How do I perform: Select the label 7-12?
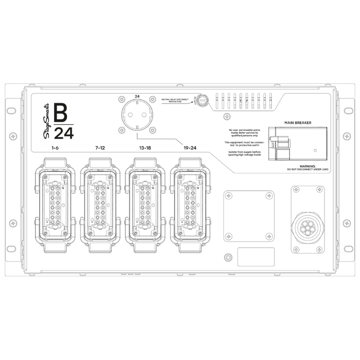pos(100,148)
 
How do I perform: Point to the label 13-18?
pos(145,148)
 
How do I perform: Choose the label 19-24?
pos(189,148)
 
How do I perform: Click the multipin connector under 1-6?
pos(55,205)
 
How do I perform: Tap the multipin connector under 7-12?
pos(100,205)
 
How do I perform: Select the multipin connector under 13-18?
pos(145,205)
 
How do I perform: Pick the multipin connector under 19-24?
pos(189,205)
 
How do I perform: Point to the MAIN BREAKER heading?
pos(297,122)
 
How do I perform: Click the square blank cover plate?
pos(249,215)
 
